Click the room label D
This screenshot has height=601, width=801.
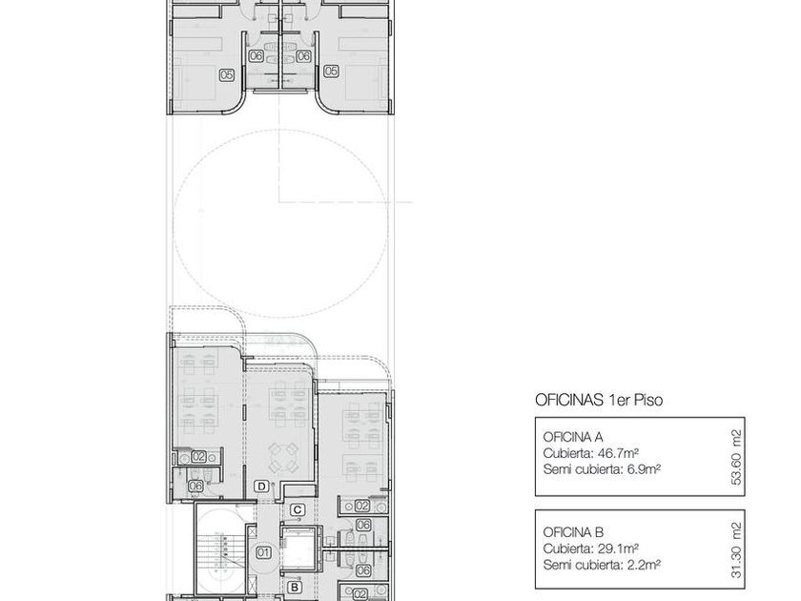point(261,486)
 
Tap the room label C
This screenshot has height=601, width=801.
point(298,509)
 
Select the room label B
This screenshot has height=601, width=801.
point(295,588)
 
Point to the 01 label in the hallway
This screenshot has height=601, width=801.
point(263,552)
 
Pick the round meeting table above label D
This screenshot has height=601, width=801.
point(284,458)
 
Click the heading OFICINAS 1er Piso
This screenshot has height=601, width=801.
point(599,400)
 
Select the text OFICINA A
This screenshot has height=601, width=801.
point(573,437)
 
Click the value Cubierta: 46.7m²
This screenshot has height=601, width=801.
point(591,453)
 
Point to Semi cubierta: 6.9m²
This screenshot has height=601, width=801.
point(602,469)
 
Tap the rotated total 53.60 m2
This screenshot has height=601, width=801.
point(736,457)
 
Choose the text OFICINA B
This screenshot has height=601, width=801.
point(573,532)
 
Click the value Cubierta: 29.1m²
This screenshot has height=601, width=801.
point(591,549)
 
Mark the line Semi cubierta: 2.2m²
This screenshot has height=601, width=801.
point(602,565)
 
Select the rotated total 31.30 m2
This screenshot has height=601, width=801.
point(736,549)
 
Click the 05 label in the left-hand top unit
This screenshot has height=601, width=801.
point(227,75)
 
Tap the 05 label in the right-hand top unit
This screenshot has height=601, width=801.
point(331,71)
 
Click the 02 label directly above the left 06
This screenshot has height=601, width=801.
point(198,456)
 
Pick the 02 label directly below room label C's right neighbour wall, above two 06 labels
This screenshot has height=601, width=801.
point(362,506)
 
